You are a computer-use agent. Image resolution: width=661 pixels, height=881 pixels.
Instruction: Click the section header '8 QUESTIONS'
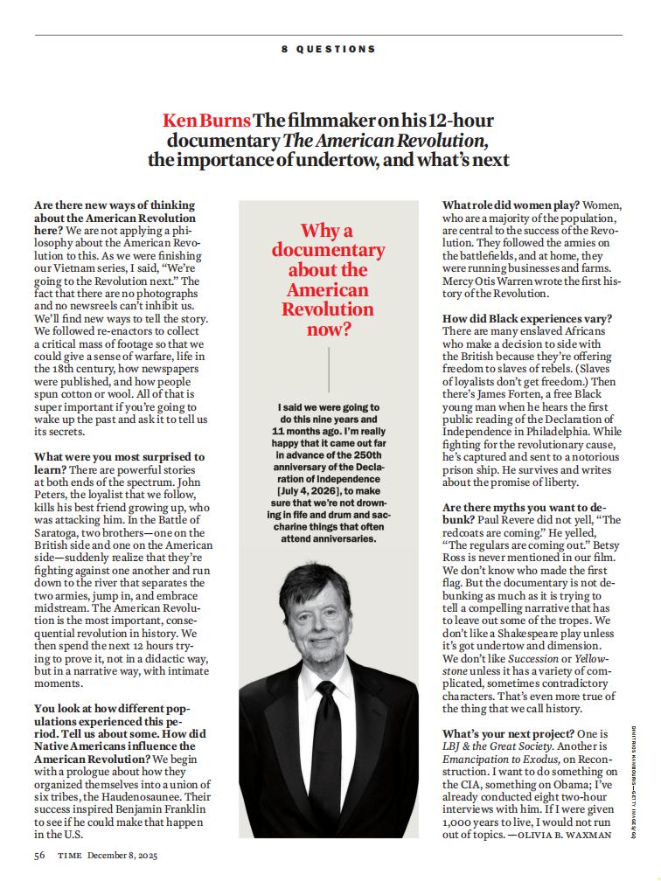(x=329, y=50)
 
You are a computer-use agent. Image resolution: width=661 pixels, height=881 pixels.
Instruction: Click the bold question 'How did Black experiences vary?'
(x=527, y=319)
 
